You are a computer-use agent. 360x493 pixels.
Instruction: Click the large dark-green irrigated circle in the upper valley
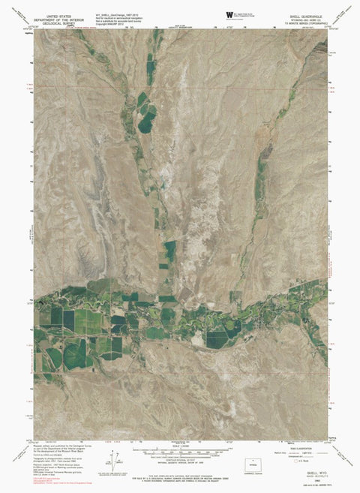tap(147, 114)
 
